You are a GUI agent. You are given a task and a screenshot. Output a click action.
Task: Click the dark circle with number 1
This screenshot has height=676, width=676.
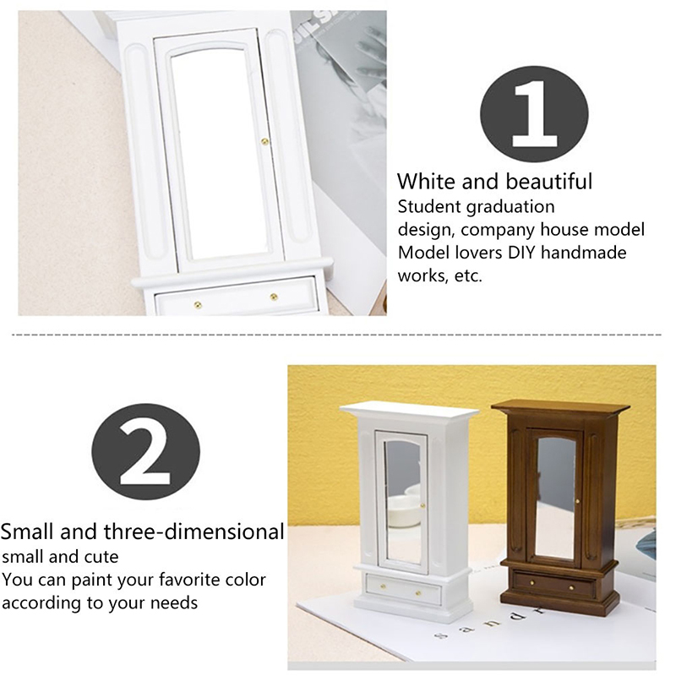pyautogui.click(x=534, y=114)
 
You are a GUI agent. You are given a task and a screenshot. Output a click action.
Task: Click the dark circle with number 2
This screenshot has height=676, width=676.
pyautogui.click(x=145, y=451)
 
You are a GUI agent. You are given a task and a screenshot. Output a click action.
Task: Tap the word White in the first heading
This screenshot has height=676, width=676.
pyautogui.click(x=427, y=181)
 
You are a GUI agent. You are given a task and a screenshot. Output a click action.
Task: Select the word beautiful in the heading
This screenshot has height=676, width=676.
pyautogui.click(x=549, y=181)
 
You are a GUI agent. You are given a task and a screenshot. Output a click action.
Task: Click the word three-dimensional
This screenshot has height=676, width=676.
pyautogui.click(x=194, y=532)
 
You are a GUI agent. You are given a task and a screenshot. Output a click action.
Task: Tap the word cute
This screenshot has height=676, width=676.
pyautogui.click(x=101, y=557)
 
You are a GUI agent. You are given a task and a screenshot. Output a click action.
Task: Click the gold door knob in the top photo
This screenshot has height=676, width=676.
pyautogui.click(x=264, y=141)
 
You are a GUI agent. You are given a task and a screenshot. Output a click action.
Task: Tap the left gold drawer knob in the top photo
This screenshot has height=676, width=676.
pyautogui.click(x=198, y=305)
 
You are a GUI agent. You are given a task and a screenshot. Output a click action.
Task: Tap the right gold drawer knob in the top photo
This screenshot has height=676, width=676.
pyautogui.click(x=273, y=297)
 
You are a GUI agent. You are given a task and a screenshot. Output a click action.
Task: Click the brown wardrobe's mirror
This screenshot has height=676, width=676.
pyautogui.click(x=556, y=497)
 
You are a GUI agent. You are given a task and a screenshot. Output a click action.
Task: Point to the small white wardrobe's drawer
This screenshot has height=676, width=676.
pyautogui.click(x=403, y=589)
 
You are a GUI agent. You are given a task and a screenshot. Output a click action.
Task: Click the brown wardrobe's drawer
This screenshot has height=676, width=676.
pyautogui.click(x=554, y=585)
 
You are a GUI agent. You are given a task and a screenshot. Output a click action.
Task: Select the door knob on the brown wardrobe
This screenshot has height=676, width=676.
pyautogui.click(x=578, y=501)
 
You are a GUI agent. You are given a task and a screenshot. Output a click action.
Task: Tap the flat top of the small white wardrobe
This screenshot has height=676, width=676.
pyautogui.click(x=410, y=409)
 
